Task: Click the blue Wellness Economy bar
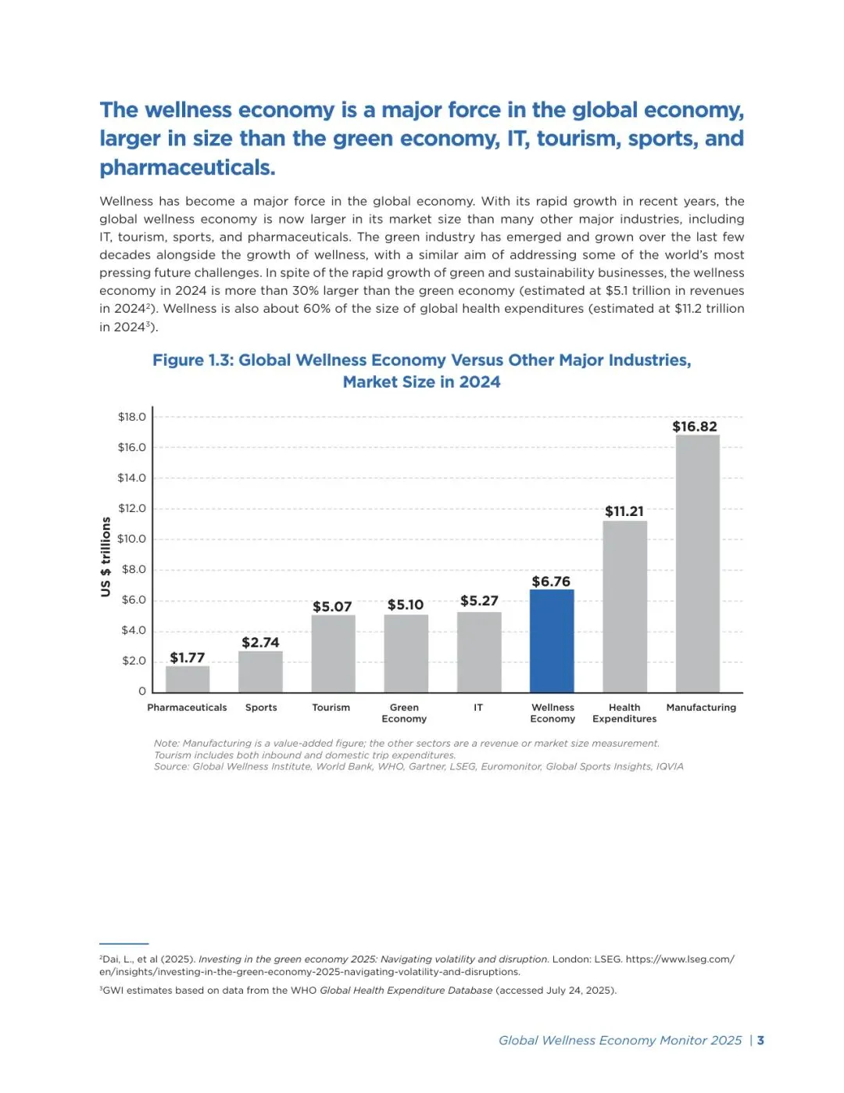tap(552, 640)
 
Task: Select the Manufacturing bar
tap(697, 563)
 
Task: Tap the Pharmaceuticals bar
tap(188, 679)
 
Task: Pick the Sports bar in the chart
tap(260, 672)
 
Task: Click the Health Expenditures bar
tap(624, 606)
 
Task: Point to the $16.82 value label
tap(694, 426)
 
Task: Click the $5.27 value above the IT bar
tap(478, 600)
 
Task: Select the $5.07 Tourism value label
tap(332, 607)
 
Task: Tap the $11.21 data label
tap(624, 511)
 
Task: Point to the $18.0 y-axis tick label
tap(131, 417)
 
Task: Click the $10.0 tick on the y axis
tap(131, 539)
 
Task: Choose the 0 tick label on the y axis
tap(141, 691)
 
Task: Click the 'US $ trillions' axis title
tap(105, 557)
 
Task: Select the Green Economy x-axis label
tap(404, 713)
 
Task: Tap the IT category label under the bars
tap(478, 708)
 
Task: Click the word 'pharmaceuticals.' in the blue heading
tap(187, 167)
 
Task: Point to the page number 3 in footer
tap(760, 1040)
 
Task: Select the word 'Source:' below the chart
tap(171, 766)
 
